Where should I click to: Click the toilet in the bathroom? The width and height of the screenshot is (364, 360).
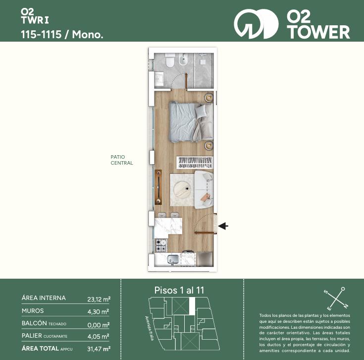170,60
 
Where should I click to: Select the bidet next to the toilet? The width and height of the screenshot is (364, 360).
182,60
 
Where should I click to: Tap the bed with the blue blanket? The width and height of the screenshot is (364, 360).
191,122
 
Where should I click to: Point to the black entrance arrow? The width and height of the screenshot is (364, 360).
223,226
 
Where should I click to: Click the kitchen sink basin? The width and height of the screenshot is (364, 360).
173,259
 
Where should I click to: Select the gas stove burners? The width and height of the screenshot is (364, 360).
160,245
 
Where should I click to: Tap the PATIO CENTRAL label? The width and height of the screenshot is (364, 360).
122,160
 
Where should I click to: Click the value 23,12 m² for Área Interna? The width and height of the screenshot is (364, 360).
99,299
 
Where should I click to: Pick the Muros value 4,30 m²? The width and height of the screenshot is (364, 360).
98,312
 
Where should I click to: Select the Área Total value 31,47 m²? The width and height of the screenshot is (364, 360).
99,349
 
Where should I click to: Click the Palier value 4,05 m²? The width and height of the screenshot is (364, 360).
98,336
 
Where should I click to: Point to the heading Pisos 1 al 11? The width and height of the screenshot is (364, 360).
179,290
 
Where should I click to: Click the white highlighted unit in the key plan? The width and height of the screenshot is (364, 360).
192,306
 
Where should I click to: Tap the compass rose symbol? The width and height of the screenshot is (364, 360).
336,299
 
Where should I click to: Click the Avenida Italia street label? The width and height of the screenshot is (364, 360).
149,328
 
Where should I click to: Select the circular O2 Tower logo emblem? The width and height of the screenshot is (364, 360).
256,24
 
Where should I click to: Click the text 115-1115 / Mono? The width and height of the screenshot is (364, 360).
62,34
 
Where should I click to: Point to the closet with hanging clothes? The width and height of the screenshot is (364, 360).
195,163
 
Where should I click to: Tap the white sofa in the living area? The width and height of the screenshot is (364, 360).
204,189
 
